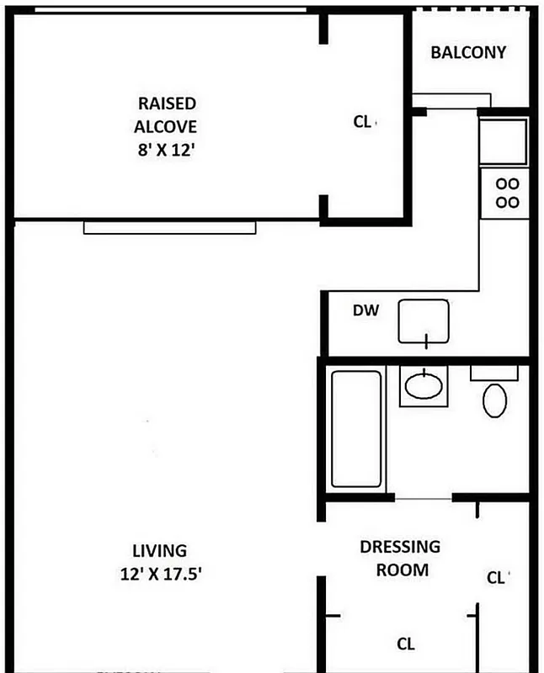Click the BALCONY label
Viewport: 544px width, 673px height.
(x=468, y=52)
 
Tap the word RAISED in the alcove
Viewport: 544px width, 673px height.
(x=167, y=103)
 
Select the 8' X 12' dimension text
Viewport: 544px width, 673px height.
(x=167, y=152)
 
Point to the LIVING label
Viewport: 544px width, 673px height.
(x=159, y=551)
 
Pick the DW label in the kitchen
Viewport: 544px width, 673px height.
(x=365, y=310)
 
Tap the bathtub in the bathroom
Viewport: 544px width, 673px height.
(x=356, y=429)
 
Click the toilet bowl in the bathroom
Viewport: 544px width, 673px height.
(x=494, y=400)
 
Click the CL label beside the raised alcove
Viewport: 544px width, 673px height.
(x=362, y=122)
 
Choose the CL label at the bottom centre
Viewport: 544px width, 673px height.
(x=406, y=644)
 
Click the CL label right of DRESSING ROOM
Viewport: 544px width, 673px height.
(x=496, y=578)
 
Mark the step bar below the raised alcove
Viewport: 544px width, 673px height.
(x=169, y=227)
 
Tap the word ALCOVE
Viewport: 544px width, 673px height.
(x=167, y=128)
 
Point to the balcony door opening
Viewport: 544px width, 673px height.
(x=451, y=99)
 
